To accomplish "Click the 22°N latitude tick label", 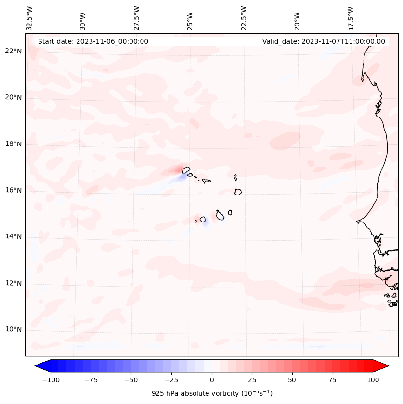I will (13, 51).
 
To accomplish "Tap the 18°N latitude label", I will (13, 144).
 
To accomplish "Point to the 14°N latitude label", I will (13, 236).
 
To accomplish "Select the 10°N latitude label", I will (13, 329).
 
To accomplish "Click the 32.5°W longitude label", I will (30, 18).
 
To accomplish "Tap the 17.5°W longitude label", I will (351, 18).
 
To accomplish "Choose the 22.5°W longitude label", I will (244, 18).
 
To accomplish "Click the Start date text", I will (93, 41).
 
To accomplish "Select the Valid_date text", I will (324, 41).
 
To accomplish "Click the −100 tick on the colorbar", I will (51, 380).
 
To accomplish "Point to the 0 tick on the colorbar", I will (211, 380).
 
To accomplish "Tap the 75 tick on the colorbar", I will (332, 380).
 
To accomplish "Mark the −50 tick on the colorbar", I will (131, 380).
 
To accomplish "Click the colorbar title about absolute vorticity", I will (212, 393).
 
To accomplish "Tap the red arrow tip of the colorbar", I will (386, 366).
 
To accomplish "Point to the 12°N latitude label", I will (13, 283).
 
